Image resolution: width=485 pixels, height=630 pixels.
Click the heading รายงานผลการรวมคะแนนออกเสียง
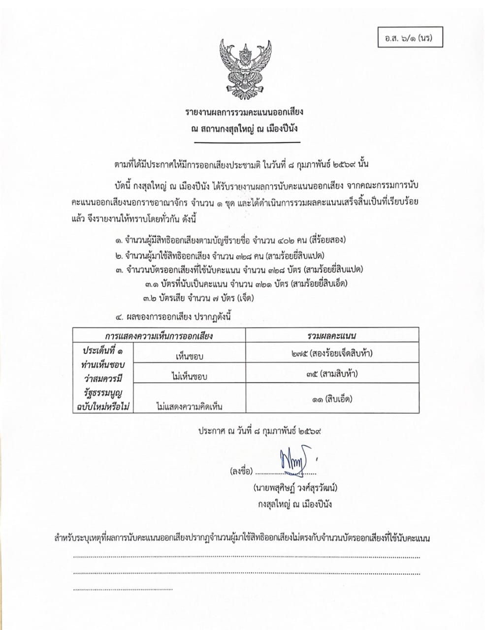[244, 112]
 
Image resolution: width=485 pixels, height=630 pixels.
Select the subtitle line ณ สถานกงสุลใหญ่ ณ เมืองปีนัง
[244, 129]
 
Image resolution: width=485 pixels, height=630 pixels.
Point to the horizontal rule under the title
[247, 143]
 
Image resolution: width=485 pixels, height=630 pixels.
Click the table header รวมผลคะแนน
[332, 336]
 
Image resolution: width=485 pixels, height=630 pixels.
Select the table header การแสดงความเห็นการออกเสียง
[159, 336]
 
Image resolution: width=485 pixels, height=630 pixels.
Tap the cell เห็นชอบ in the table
[189, 356]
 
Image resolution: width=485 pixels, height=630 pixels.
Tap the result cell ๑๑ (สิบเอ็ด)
[332, 399]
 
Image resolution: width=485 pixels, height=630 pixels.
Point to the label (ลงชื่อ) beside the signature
[241, 472]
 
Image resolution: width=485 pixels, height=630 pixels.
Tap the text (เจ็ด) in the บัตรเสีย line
[245, 298]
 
